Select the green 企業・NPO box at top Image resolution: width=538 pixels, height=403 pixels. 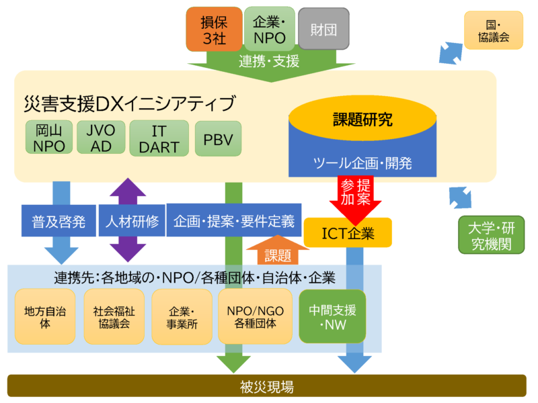click(269, 30)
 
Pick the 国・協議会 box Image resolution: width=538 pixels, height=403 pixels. click(493, 30)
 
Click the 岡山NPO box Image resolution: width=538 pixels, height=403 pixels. click(49, 138)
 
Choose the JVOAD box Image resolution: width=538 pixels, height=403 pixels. click(100, 138)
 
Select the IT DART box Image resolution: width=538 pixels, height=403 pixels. click(155, 138)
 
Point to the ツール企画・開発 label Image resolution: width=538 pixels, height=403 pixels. click(362, 163)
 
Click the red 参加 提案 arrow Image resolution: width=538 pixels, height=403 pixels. click(356, 193)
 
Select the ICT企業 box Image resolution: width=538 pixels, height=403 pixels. click(348, 233)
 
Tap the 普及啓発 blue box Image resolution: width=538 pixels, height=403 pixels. click(59, 221)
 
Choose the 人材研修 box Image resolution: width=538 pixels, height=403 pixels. click(132, 221)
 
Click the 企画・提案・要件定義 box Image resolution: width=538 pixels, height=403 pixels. click(233, 220)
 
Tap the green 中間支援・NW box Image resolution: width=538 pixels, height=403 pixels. click(332, 316)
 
